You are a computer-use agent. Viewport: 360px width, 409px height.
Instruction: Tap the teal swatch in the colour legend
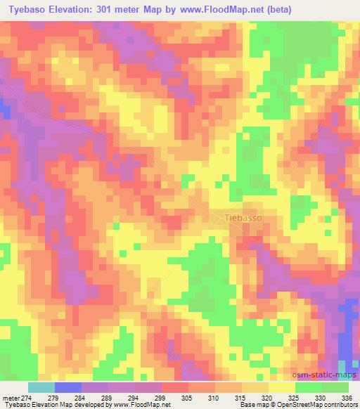(x=41, y=387)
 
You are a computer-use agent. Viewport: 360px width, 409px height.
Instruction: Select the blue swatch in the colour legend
(x=67, y=387)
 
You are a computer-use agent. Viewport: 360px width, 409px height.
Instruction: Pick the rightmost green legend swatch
(x=335, y=387)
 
